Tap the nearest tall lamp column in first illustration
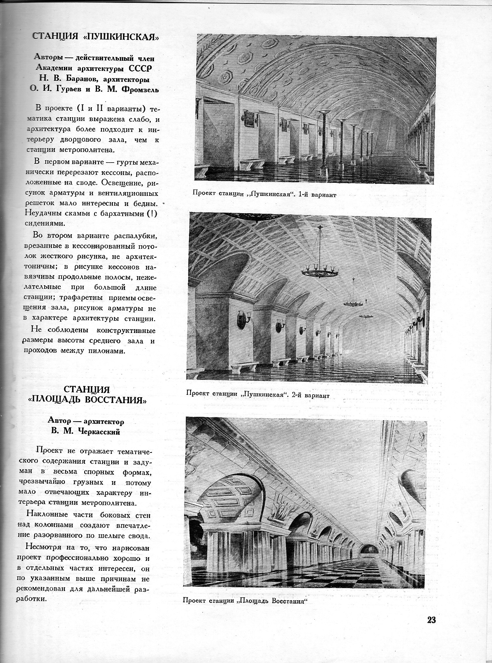324,140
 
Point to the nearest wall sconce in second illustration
243,318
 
